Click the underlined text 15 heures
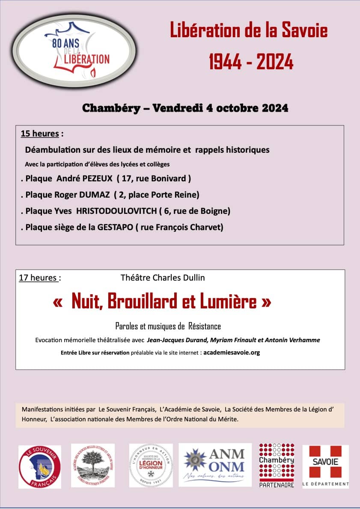[x=40, y=133]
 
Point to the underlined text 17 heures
[x=38, y=278]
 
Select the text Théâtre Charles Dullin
[x=163, y=278]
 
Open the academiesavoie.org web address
[x=232, y=353]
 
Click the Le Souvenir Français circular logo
[x=39, y=467]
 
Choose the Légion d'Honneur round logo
[x=151, y=465]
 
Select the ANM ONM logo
[x=215, y=465]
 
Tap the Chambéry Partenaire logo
[x=277, y=466]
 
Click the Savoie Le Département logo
[x=325, y=466]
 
